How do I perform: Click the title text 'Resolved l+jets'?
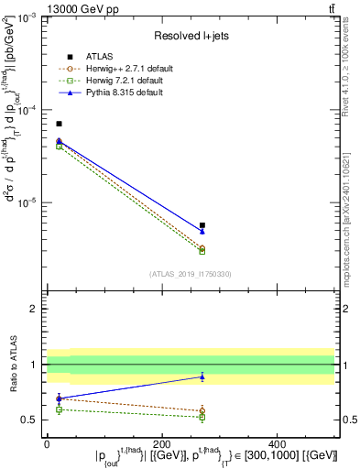190,36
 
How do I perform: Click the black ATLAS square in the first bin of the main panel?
60,124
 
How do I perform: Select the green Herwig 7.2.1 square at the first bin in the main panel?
60,147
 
